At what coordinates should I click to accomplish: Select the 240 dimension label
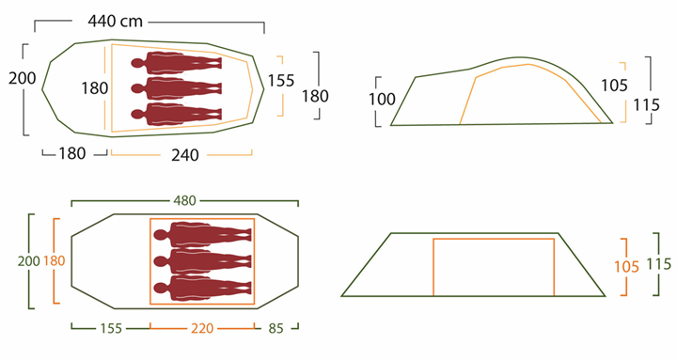coord(186,155)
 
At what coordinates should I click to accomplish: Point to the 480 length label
coord(184,200)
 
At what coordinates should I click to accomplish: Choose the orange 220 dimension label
coord(202,329)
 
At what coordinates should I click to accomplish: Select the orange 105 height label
coord(625,266)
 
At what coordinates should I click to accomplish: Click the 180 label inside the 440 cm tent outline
coord(94,88)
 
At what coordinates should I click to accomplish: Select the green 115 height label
coord(659,266)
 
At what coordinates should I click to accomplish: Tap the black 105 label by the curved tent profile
coord(613,86)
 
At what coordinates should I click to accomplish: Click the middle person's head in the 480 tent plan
coord(162,260)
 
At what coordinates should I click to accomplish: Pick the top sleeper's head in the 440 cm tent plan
coord(138,64)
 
